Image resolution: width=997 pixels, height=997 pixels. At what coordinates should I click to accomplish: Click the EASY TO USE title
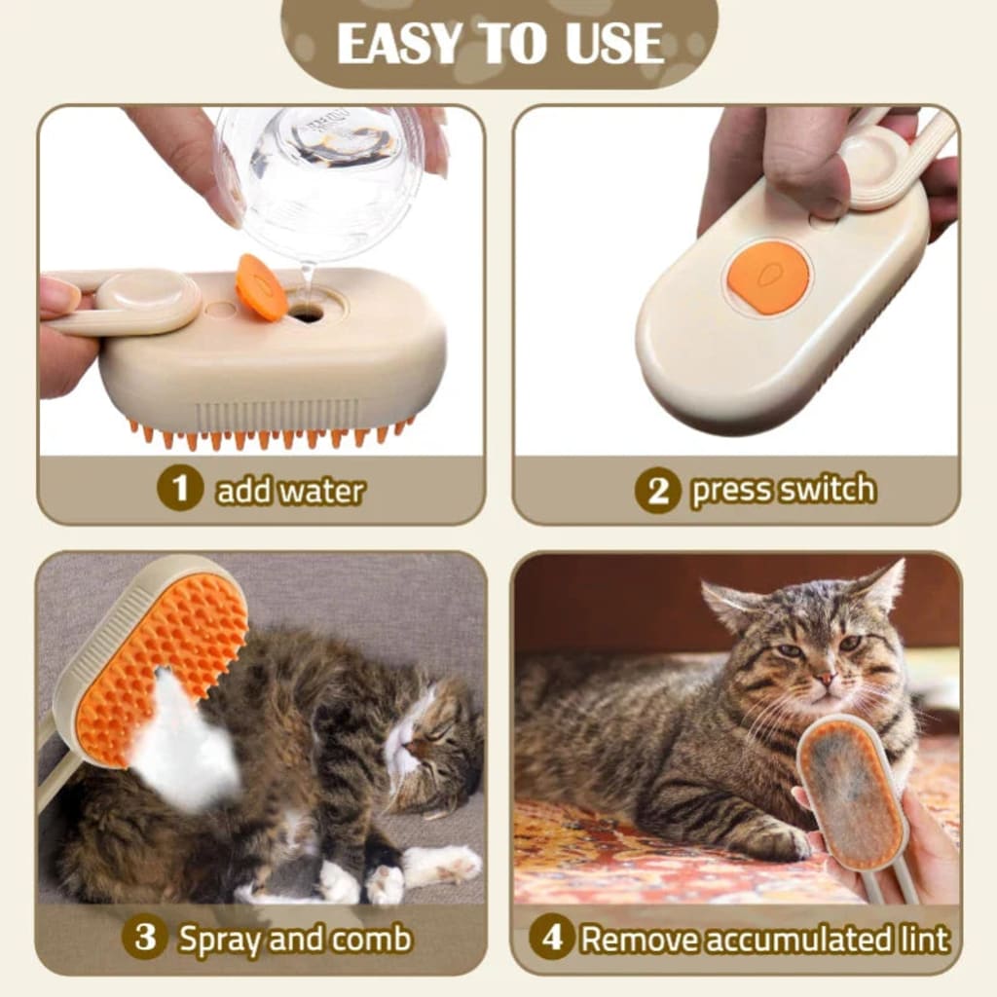[x=499, y=44]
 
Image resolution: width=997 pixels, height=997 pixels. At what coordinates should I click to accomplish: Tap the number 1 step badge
[x=180, y=488]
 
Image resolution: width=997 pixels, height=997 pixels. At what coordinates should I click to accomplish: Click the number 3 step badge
[x=144, y=938]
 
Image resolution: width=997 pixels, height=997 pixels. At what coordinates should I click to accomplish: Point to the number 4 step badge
[x=552, y=938]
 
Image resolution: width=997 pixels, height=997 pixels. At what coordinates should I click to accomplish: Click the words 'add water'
[x=290, y=491]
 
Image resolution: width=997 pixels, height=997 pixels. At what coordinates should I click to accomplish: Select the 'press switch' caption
[x=783, y=490]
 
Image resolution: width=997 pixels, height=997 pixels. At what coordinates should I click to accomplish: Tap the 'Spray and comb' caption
[x=295, y=939]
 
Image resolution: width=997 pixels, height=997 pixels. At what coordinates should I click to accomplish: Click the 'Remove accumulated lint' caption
[x=764, y=939]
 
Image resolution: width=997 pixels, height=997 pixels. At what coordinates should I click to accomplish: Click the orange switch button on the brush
[x=768, y=277]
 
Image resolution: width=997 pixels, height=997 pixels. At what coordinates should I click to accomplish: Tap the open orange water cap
[x=261, y=286]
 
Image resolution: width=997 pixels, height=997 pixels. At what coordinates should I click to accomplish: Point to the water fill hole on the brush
[x=307, y=314]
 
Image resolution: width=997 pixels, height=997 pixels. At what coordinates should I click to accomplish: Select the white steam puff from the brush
[x=185, y=740]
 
